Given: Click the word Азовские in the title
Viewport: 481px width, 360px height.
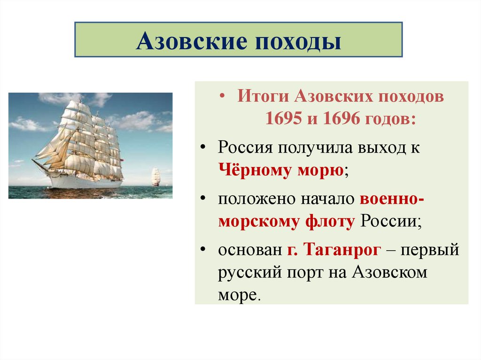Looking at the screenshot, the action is pyautogui.click(x=192, y=41).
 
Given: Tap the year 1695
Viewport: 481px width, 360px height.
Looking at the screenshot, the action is pyautogui.click(x=283, y=118).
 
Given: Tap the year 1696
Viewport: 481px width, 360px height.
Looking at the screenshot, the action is pyautogui.click(x=341, y=118).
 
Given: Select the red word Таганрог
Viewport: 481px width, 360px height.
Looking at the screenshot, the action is pyautogui.click(x=342, y=250).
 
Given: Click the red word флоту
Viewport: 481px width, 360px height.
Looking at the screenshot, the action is pyautogui.click(x=330, y=222).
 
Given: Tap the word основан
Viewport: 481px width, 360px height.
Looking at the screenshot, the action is pyautogui.click(x=250, y=250).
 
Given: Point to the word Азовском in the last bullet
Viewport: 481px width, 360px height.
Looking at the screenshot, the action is pyautogui.click(x=389, y=272).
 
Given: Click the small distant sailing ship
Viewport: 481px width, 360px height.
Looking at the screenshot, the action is pyautogui.click(x=156, y=176).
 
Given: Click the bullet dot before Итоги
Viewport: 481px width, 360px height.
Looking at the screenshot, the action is pyautogui.click(x=222, y=96).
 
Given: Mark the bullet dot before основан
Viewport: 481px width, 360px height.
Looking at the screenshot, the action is pyautogui.click(x=203, y=249).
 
